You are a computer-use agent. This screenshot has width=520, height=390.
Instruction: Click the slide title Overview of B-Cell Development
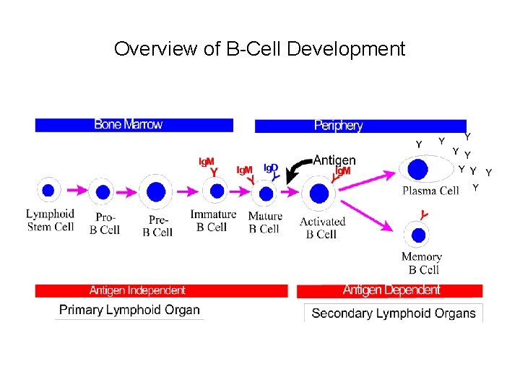click(x=259, y=49)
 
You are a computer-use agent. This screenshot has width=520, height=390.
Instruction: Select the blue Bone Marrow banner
click(x=134, y=125)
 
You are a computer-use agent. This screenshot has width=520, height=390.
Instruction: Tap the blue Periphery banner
click(x=360, y=126)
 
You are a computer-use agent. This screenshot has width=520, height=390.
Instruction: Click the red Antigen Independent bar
click(x=161, y=290)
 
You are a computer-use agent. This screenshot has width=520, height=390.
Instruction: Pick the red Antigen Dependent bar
click(x=389, y=290)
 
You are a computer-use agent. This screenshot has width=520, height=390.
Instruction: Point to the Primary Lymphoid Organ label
click(x=129, y=311)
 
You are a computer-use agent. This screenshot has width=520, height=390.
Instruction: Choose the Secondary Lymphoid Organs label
click(x=394, y=313)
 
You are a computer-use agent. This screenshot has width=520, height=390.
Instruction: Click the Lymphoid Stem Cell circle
click(x=48, y=191)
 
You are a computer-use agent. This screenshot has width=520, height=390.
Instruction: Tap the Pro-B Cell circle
click(x=103, y=192)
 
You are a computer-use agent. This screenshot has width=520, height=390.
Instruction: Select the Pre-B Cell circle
click(x=157, y=192)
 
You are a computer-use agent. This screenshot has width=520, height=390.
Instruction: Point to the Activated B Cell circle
click(x=319, y=194)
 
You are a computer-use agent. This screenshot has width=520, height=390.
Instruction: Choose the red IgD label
click(x=270, y=168)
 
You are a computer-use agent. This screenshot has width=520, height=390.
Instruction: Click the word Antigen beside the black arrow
click(x=334, y=160)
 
